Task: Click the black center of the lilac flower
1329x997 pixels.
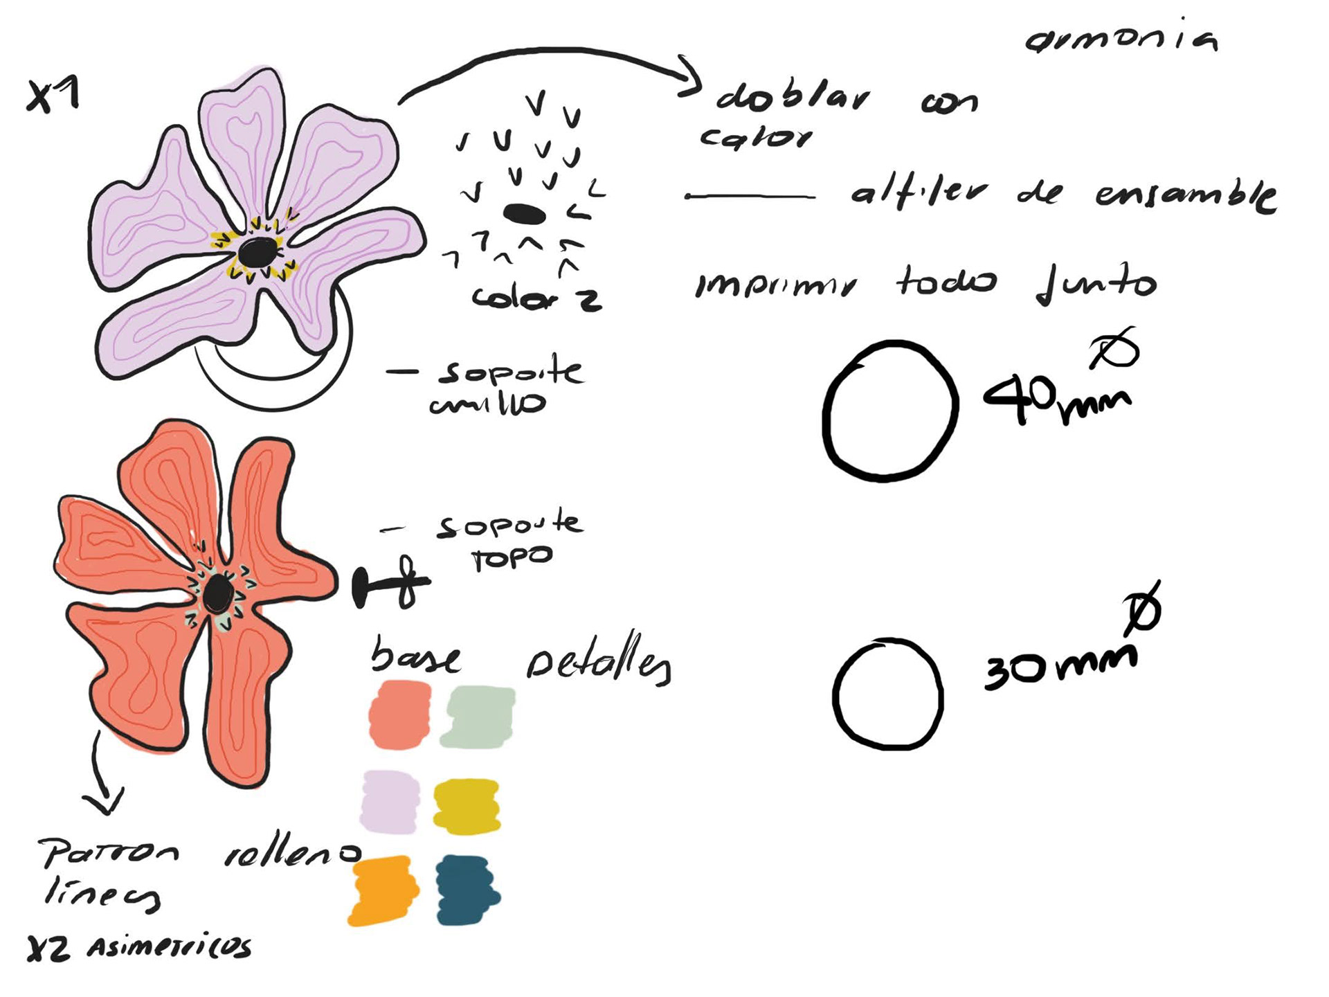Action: pos(258,252)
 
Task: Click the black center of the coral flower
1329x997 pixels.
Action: pos(218,593)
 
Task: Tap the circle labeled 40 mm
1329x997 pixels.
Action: pos(891,411)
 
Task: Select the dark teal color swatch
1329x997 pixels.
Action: pos(467,890)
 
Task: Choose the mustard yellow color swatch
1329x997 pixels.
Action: pos(467,806)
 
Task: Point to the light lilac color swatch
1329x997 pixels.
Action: pos(390,802)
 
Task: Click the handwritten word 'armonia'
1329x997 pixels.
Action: pos(1121,40)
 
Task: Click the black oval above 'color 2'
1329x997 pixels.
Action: pos(524,214)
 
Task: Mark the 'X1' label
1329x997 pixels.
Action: pos(53,95)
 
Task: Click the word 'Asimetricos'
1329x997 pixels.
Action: pos(169,947)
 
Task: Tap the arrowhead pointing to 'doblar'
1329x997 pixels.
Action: pos(689,76)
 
